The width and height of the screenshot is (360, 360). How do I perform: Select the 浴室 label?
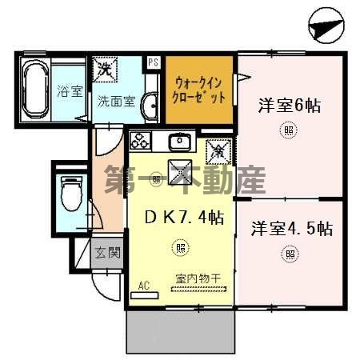coord(70,90)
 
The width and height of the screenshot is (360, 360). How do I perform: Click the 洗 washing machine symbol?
coord(104,69)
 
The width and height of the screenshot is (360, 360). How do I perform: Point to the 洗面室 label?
coord(116,102)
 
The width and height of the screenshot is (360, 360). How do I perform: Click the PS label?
coord(154,60)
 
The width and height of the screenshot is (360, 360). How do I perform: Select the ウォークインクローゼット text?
coord(198,89)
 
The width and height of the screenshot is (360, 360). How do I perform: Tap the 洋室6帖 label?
coord(289,105)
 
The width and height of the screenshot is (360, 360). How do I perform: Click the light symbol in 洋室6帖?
coord(288,130)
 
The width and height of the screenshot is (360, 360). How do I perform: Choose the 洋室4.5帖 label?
coord(290,228)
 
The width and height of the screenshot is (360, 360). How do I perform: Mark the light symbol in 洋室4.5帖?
coord(288,255)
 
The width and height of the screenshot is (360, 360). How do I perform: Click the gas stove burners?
coord(142,142)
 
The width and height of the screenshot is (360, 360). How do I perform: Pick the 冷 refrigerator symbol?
coord(216,149)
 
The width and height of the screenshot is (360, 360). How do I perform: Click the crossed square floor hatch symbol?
coord(178,170)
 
